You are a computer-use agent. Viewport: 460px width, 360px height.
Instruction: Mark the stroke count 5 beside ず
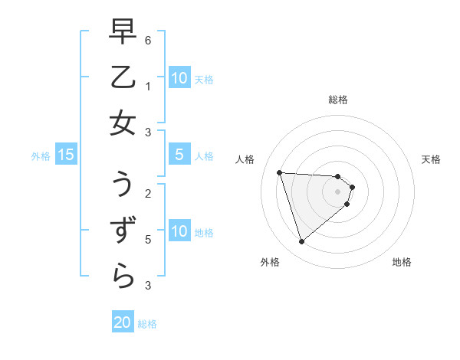[147, 239]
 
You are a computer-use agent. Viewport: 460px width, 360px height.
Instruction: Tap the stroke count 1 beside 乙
[147, 86]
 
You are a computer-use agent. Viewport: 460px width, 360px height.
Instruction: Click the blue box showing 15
[66, 155]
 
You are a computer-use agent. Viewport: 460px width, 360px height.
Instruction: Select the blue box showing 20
[123, 323]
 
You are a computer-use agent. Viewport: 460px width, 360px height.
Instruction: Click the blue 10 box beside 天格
[179, 78]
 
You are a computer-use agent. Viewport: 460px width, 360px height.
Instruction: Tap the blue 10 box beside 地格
[179, 231]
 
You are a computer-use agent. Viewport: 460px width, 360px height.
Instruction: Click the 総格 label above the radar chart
[338, 100]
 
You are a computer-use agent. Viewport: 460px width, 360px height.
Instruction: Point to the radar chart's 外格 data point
[301, 242]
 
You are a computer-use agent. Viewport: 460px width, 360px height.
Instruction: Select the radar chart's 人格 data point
[279, 172]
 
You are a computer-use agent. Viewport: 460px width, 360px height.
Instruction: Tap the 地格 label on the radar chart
[402, 263]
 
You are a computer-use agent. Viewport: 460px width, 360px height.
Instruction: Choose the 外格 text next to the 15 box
[41, 156]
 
